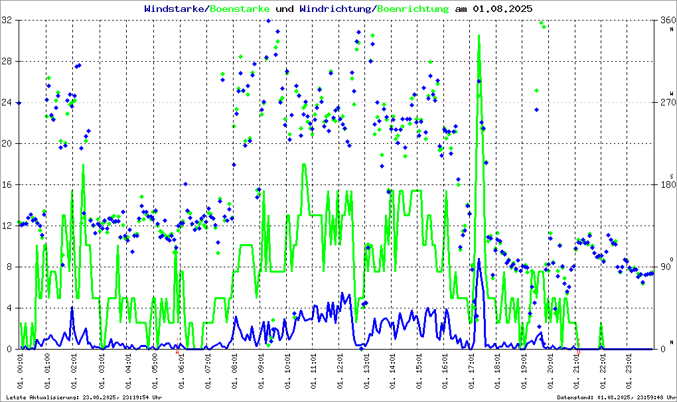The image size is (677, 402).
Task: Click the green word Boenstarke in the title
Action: (240, 9)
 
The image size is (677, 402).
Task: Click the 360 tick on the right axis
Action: (666, 21)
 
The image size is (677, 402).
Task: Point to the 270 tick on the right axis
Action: (666, 103)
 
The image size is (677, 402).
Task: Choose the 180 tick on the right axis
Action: (666, 185)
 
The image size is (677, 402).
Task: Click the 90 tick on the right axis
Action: (664, 267)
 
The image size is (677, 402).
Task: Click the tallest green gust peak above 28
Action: (479, 36)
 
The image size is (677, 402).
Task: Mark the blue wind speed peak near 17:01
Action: (478, 259)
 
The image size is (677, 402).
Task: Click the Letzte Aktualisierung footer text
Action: (84, 397)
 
